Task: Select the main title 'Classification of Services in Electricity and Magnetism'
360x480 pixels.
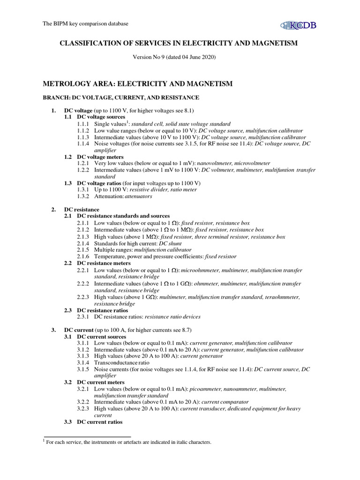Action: point(178,44)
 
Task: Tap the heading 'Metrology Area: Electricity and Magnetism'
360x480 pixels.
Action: point(138,84)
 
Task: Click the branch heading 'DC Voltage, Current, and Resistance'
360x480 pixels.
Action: point(121,97)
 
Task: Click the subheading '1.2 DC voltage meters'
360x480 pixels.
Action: point(94,157)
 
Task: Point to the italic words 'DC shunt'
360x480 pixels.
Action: point(171,243)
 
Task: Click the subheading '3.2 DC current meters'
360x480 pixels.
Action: point(94,382)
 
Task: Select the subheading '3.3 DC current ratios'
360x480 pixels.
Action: point(93,422)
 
